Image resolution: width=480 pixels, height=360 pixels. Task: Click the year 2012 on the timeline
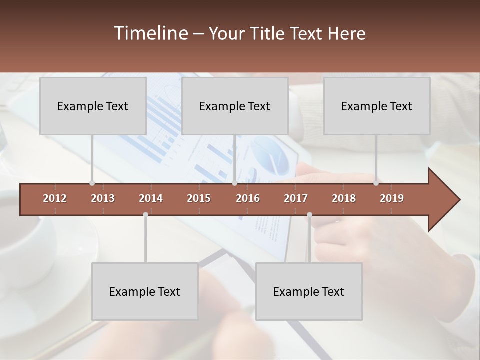pyautogui.click(x=55, y=198)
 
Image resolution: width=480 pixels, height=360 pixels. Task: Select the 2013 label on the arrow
pyautogui.click(x=103, y=198)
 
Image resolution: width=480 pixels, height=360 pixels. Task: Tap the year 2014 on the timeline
pyautogui.click(x=151, y=198)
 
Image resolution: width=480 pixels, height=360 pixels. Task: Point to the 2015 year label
pyautogui.click(x=199, y=198)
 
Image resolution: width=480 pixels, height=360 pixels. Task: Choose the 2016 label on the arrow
pyautogui.click(x=248, y=198)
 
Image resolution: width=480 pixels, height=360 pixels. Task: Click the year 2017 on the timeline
pyautogui.click(x=296, y=198)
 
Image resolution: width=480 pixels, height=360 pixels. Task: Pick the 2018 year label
pyautogui.click(x=344, y=198)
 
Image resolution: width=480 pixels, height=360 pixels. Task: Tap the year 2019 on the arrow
pyautogui.click(x=392, y=198)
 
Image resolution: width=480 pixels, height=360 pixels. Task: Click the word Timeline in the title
pyautogui.click(x=150, y=33)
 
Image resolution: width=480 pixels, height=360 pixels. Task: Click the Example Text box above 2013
pyautogui.click(x=93, y=106)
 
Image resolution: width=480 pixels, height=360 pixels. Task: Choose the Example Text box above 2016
pyautogui.click(x=235, y=106)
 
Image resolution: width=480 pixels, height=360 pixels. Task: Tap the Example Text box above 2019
pyautogui.click(x=377, y=106)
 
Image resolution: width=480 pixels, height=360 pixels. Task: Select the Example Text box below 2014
pyautogui.click(x=145, y=291)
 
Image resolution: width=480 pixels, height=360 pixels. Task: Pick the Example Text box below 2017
pyautogui.click(x=309, y=291)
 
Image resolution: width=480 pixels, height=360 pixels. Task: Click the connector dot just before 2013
pyautogui.click(x=92, y=183)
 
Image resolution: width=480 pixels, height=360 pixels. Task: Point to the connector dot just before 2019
pyautogui.click(x=376, y=183)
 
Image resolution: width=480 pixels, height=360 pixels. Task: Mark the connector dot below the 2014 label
pyautogui.click(x=145, y=214)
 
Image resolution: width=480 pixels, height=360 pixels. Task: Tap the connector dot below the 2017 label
pyautogui.click(x=309, y=214)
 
